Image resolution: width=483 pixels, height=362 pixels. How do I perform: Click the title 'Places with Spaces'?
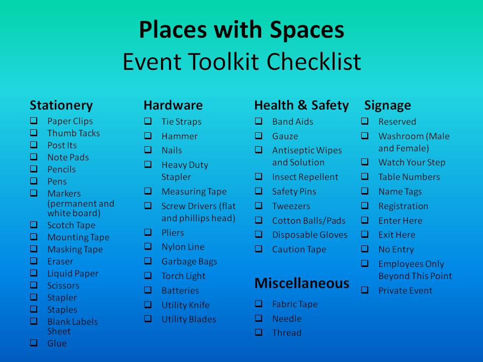pos(242,30)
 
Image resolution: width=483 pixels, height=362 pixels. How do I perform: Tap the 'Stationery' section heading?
pos(61,105)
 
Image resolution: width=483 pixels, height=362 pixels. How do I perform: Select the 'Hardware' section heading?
pos(173,105)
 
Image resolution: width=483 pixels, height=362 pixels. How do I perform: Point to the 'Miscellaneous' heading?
pos(301,283)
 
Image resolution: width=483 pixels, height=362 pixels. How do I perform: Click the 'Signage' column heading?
pos(387,105)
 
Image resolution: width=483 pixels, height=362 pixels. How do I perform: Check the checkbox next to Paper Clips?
pos(34,121)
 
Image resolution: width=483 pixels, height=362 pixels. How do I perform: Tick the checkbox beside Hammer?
pos(148,136)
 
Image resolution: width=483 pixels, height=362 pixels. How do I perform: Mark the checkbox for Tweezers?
pos(259,206)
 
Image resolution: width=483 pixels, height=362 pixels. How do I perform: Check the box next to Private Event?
pos(365,290)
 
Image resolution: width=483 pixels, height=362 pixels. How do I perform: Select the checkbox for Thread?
pos(259,332)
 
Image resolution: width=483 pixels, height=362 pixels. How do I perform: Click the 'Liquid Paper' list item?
pos(73,274)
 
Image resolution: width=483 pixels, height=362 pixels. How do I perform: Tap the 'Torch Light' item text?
pos(183,276)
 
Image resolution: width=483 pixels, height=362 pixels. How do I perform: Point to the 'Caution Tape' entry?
pos(299,249)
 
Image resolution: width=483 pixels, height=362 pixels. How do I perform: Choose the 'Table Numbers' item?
pos(409,177)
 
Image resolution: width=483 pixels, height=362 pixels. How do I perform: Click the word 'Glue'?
pos(57,343)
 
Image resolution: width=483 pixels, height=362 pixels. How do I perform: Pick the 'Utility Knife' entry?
pos(185,305)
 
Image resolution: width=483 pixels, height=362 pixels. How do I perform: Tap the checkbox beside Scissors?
pos(34,285)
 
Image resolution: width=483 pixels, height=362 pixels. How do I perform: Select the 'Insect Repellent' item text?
pos(305,177)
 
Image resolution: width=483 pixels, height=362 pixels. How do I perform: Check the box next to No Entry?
pos(365,249)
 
